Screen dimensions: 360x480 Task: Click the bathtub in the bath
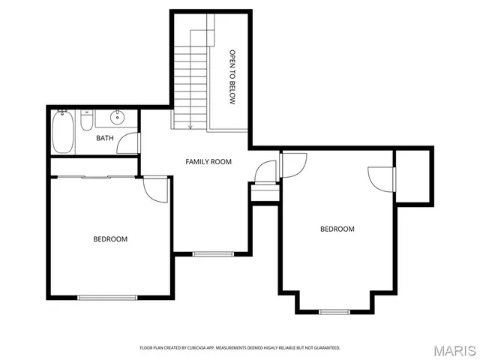pos(63,131)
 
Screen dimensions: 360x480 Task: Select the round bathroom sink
pos(118,118)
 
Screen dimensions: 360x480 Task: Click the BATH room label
pos(104,139)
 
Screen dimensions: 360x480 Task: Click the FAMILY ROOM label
pos(208,161)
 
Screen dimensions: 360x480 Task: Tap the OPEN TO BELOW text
pos(232,76)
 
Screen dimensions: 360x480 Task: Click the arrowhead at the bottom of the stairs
pos(191,127)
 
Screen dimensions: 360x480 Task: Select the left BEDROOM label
pos(110,239)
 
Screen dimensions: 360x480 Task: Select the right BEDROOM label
pos(337,229)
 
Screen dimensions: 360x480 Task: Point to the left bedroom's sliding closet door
pos(94,178)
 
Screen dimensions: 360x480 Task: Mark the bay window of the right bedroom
pos(334,310)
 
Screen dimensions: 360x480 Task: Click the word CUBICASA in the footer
pos(202,348)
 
